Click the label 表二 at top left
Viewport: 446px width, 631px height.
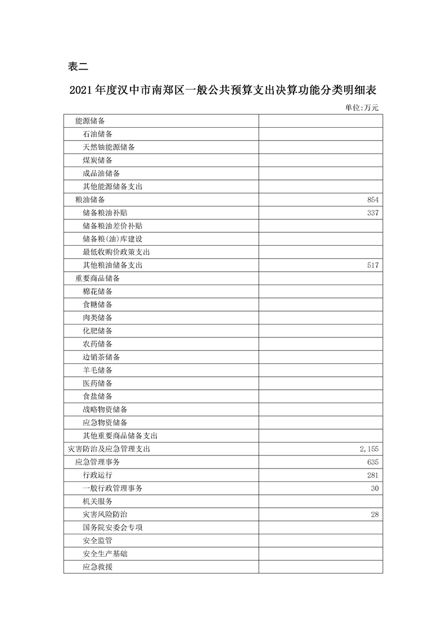tap(78, 66)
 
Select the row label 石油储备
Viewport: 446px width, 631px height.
tap(97, 134)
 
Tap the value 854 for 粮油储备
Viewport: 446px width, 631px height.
tap(373, 200)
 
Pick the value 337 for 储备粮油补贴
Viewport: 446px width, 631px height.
tap(373, 213)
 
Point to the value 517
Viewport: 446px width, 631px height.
tap(373, 265)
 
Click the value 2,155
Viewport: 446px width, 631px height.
tap(369, 449)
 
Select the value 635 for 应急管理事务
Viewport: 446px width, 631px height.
tap(373, 462)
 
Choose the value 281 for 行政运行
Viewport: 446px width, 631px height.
tap(373, 475)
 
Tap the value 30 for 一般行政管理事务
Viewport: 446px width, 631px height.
tap(375, 488)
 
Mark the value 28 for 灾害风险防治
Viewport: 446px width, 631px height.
tap(375, 515)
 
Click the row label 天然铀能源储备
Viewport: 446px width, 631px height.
tap(109, 147)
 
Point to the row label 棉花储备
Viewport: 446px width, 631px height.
tap(97, 291)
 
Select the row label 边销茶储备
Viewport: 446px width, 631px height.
tap(101, 357)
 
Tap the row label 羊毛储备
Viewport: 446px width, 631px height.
tap(97, 370)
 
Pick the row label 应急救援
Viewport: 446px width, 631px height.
tap(97, 567)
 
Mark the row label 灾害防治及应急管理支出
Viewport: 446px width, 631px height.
tap(109, 449)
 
